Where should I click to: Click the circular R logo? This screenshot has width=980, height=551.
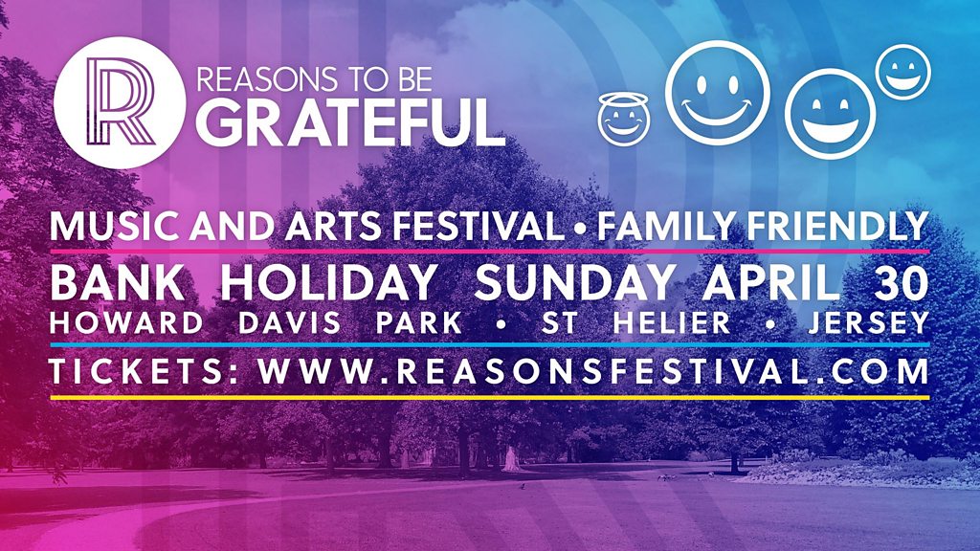click(x=120, y=102)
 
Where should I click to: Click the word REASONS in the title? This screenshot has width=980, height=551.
click(x=256, y=79)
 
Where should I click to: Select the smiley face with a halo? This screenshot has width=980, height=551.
click(x=623, y=118)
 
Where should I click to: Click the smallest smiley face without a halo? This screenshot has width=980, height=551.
click(x=902, y=71)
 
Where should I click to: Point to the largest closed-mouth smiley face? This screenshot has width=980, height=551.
click(x=718, y=93)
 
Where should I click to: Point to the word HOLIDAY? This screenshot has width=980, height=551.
click(x=329, y=282)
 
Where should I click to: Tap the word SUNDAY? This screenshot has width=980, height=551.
click(x=575, y=282)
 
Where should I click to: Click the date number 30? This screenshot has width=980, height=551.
click(x=902, y=282)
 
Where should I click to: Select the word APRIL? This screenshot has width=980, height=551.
click(x=770, y=282)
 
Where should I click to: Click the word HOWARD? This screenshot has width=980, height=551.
click(x=126, y=323)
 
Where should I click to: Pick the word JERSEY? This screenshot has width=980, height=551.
click(x=867, y=323)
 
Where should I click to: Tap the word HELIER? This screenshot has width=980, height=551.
click(x=672, y=323)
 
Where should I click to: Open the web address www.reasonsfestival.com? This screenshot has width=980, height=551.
click(x=593, y=372)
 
